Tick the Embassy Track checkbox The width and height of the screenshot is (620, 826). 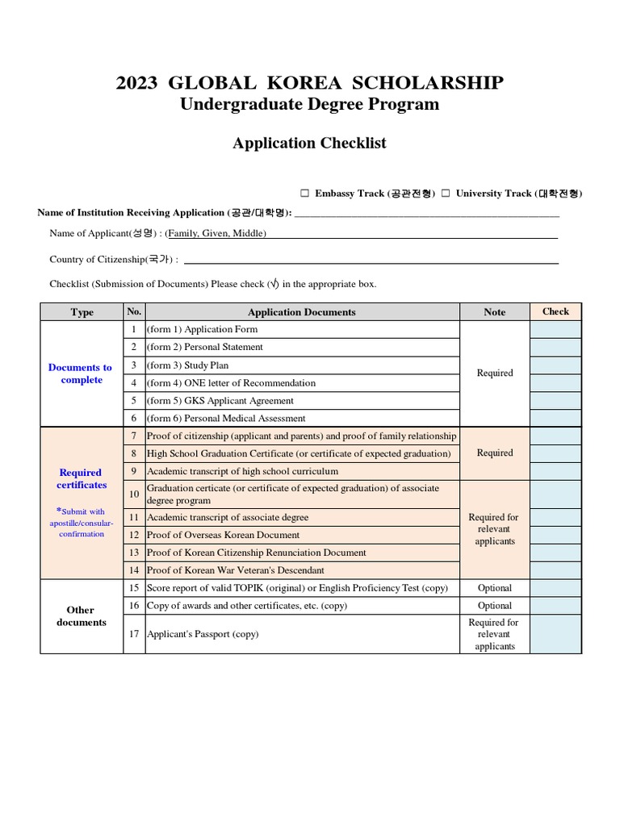tap(305, 194)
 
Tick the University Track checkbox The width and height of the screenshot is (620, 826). tap(445, 194)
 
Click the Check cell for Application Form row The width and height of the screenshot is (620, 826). tap(555, 330)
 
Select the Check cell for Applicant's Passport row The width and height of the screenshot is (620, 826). tap(555, 634)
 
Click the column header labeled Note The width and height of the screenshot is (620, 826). tap(495, 312)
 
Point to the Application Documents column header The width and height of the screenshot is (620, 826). tap(301, 312)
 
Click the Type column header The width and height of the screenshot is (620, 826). tap(82, 312)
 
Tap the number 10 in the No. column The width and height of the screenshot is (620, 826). tap(134, 494)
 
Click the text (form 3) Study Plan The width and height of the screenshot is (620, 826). tap(187, 365)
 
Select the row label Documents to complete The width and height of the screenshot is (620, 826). tap(81, 373)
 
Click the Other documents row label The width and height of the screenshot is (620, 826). tap(81, 616)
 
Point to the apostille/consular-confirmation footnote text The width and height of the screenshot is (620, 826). tap(82, 523)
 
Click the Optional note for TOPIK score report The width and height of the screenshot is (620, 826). tap(495, 588)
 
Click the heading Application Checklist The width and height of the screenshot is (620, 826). tap(309, 144)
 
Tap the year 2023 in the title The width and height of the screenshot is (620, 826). tap(137, 83)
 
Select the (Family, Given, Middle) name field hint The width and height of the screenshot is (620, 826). tap(216, 234)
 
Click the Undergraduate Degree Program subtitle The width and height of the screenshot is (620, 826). tap(309, 104)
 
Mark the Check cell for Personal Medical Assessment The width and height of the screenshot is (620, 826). tap(555, 419)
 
